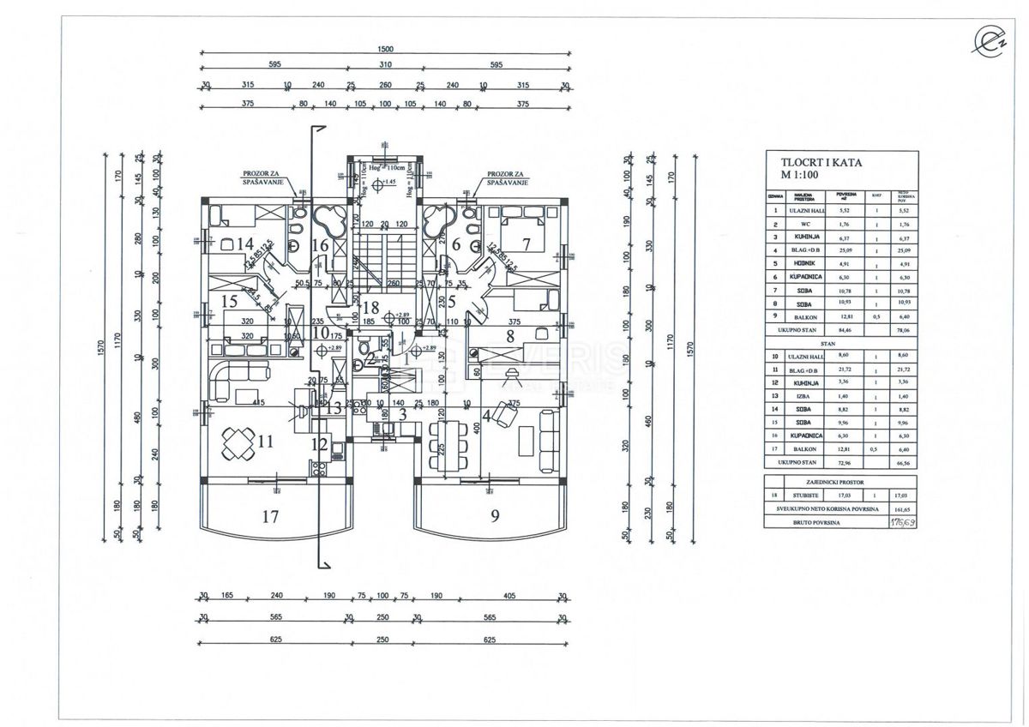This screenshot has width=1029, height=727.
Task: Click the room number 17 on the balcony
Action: (270, 516)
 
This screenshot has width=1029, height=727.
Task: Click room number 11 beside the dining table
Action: (265, 442)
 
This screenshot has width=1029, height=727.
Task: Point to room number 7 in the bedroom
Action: (527, 244)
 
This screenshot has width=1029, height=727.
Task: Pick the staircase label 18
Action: (370, 308)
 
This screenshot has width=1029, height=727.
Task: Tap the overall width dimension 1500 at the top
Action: (384, 50)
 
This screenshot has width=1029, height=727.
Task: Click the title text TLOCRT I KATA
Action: (821, 162)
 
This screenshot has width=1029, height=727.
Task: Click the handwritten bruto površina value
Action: (900, 521)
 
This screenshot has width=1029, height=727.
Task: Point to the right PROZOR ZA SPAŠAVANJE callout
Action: (506, 177)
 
